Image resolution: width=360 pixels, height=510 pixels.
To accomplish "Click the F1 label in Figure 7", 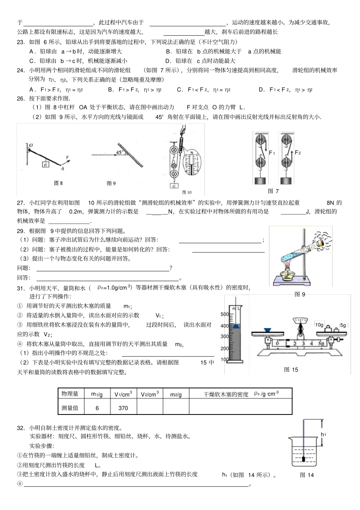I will coord(272,153).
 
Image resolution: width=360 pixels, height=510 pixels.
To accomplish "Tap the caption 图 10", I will coord(187,192).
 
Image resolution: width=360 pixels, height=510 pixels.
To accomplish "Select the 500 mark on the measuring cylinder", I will coord(224,314).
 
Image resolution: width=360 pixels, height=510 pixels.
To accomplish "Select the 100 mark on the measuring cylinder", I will coord(224,360).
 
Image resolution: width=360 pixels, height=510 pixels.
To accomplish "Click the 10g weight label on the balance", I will coord(319,325).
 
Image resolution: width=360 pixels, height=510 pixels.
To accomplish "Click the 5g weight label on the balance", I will coord(343,325).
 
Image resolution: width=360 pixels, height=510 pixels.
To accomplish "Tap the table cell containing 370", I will coord(123,408).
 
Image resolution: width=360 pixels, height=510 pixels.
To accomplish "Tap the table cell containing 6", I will coord(97,408).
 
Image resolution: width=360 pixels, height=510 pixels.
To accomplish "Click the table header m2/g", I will coord(176,394).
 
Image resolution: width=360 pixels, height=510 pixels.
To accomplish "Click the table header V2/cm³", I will coord(149,394).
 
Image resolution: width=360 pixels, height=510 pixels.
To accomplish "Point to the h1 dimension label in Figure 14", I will coord(323,435).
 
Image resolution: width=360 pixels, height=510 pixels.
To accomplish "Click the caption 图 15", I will coord(291,369).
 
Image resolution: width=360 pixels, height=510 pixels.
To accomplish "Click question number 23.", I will coord(21,42).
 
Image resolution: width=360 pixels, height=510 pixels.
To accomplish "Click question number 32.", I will coord(21,428).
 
